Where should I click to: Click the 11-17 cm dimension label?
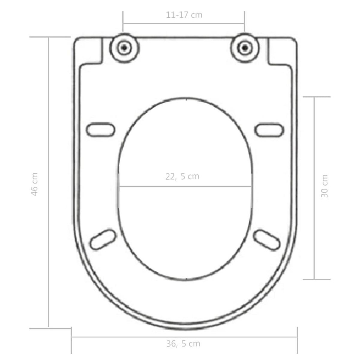(184, 15)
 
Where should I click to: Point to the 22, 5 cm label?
(182, 176)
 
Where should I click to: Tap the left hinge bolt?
(124, 47)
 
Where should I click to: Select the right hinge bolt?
(245, 47)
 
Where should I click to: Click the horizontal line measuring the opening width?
(185, 187)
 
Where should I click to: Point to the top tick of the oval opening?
(187, 99)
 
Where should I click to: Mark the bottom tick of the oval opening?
(187, 279)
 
